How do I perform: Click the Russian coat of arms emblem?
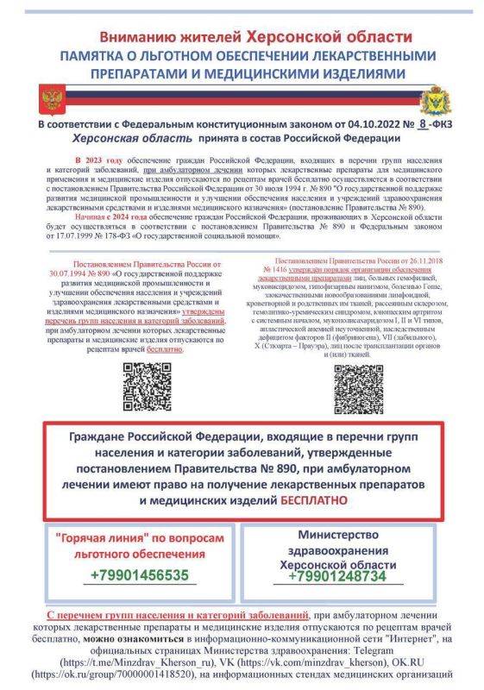click(52, 100)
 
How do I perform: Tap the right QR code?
click(359, 389)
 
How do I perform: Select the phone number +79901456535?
click(140, 575)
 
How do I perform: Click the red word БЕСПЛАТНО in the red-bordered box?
click(313, 499)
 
